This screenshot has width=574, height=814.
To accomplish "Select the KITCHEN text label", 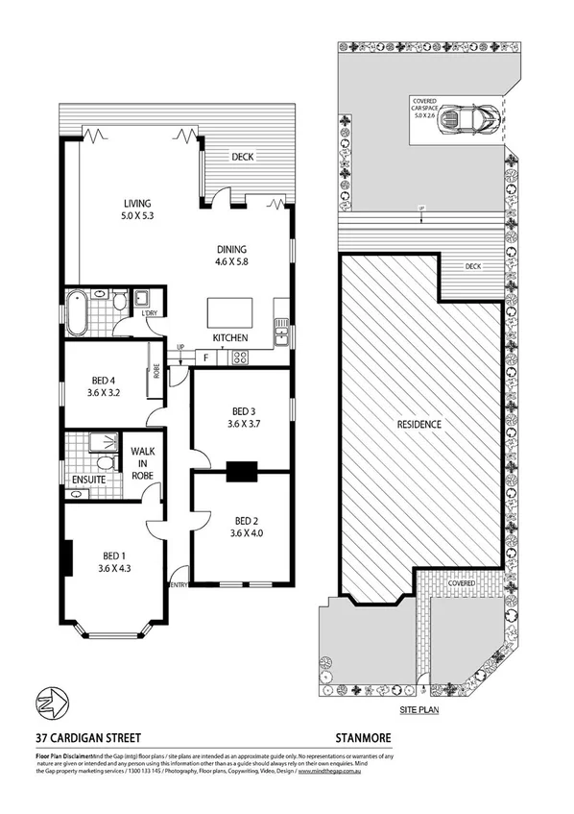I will click(x=231, y=338).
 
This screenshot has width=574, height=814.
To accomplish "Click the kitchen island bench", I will click(x=231, y=312).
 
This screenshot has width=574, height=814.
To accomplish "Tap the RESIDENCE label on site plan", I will click(x=419, y=424).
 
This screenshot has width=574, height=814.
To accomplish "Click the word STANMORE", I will click(x=363, y=738).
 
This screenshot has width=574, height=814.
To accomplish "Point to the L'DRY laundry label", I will click(x=149, y=313).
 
